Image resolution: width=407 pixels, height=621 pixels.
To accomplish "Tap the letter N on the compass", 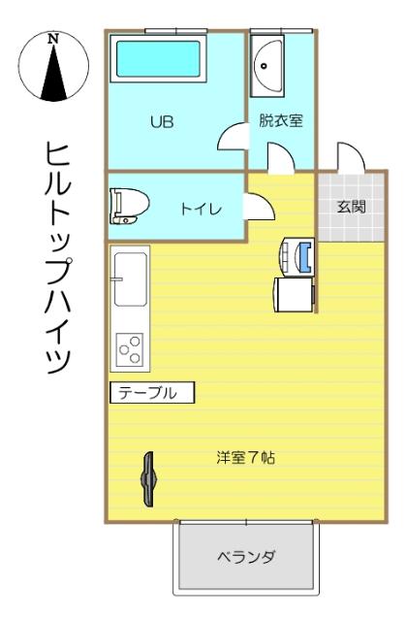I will coord(53,40).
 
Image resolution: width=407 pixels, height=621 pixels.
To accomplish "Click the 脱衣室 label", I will coord(281,122).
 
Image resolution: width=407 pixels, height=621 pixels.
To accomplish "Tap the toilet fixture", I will coord(128,205).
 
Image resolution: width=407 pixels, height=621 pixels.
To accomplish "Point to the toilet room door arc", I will coord(259,207).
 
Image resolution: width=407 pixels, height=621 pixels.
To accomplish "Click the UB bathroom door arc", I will coord(232,140).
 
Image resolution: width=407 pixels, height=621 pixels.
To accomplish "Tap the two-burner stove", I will coord(129,346).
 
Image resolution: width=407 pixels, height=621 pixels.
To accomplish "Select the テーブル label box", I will coord(151,393).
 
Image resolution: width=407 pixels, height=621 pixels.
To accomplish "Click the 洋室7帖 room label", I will coord(246,457).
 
